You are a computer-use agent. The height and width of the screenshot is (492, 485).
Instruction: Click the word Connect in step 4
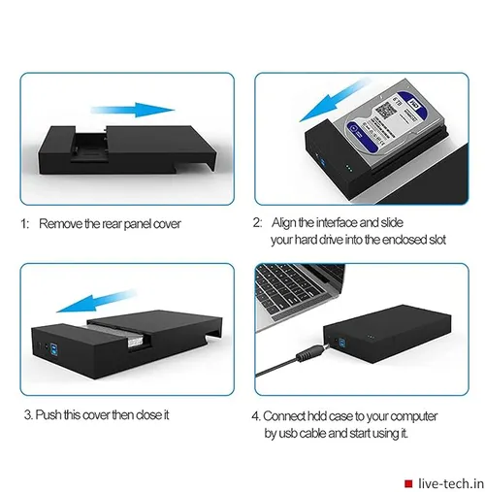click(x=297, y=414)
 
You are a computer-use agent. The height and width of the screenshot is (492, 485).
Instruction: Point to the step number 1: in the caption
click(x=26, y=223)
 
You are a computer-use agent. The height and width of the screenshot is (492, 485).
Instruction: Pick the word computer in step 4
click(x=420, y=414)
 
